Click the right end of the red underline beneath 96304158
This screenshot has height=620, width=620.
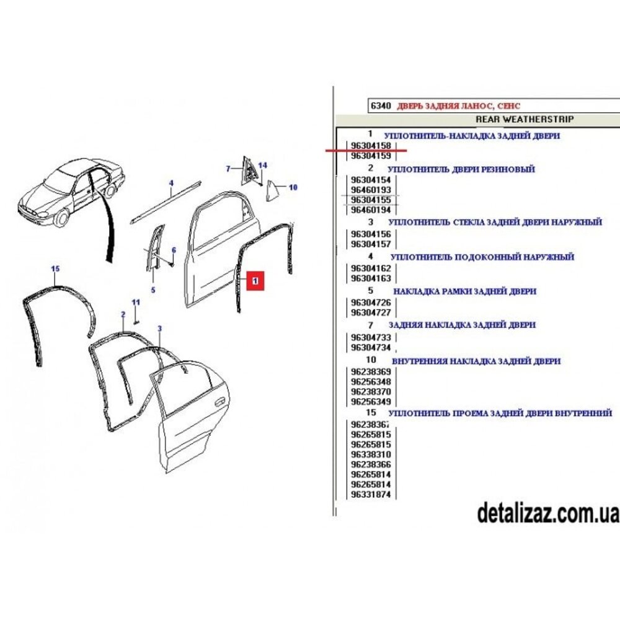[x=407, y=151]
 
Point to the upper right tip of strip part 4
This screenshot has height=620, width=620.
[x=200, y=182]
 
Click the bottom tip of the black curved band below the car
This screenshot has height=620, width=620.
[x=110, y=262]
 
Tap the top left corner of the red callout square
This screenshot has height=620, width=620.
[x=247, y=272]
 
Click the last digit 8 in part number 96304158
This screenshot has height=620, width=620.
[x=388, y=146]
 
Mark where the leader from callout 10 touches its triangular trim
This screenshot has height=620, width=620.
[x=276, y=186]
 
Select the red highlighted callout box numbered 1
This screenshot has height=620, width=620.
[x=255, y=281]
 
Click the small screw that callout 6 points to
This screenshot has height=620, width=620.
[x=171, y=263]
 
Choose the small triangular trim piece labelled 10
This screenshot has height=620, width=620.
[x=272, y=190]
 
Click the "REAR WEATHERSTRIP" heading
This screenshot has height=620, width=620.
[x=525, y=119]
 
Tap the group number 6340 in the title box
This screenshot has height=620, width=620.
[x=381, y=105]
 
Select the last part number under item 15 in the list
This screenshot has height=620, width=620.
[x=371, y=494]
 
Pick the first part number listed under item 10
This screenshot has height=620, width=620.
[x=371, y=371]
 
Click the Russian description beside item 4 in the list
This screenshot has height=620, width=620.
[x=482, y=257]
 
